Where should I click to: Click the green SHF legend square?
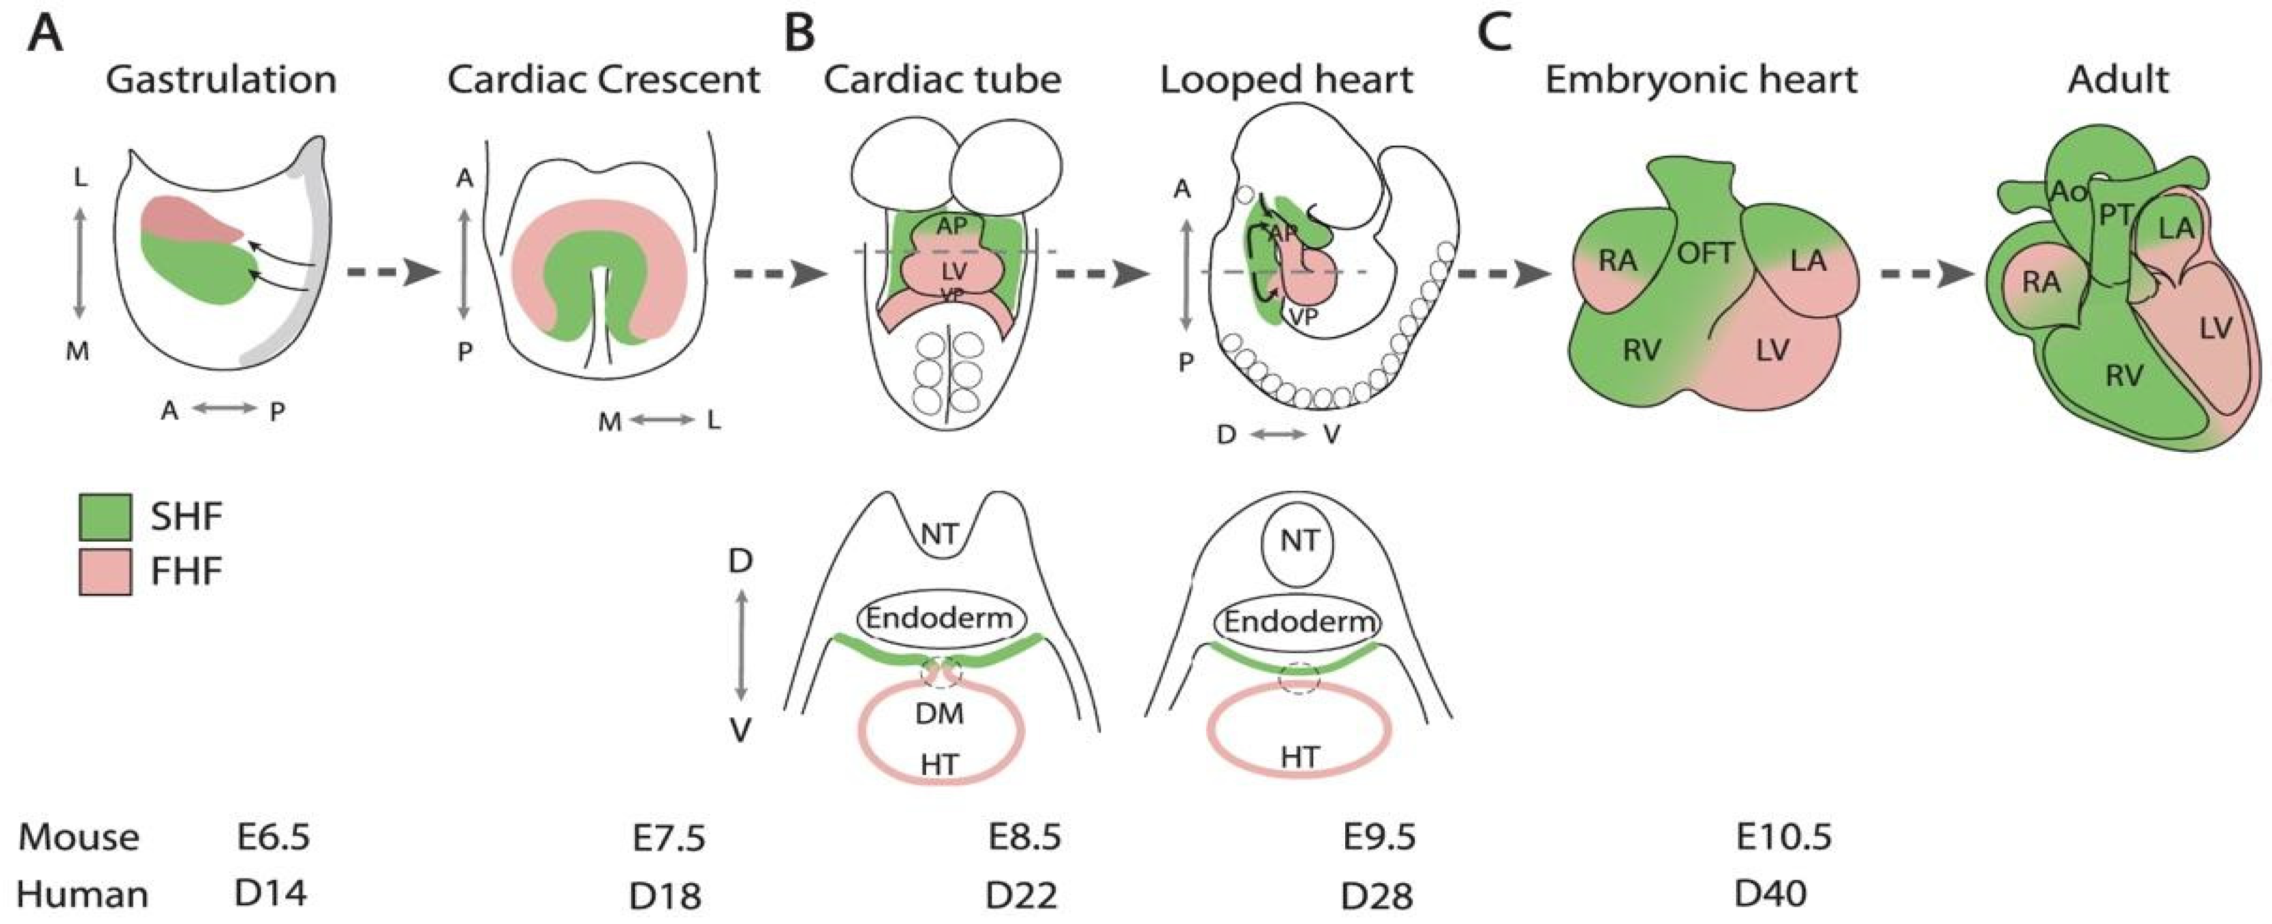pyautogui.click(x=105, y=516)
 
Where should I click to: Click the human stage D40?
pyautogui.click(x=1771, y=894)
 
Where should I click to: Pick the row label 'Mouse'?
pyautogui.click(x=79, y=836)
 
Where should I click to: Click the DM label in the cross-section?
pyautogui.click(x=939, y=713)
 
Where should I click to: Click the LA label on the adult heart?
pyautogui.click(x=2176, y=228)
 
